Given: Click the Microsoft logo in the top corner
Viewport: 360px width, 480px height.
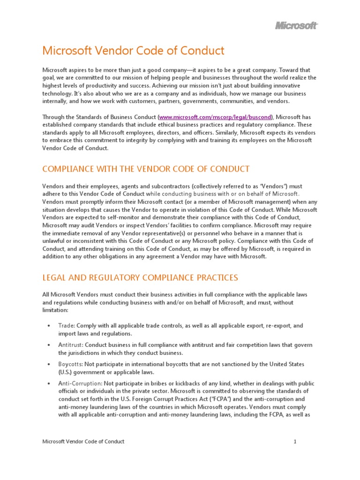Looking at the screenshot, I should [296, 26].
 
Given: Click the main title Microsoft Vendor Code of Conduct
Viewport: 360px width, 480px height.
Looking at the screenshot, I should [134, 51].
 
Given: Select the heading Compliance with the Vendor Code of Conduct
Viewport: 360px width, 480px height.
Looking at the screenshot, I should [146, 169].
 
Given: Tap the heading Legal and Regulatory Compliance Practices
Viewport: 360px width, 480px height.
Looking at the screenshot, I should [140, 277].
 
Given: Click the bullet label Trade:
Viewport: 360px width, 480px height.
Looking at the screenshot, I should [67, 325].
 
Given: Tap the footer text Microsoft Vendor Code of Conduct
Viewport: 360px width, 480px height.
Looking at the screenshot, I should [83, 442].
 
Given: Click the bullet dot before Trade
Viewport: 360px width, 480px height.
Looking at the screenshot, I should [49, 326].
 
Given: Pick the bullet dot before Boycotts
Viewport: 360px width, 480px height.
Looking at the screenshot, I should [49, 365].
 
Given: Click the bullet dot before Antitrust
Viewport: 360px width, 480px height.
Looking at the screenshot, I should [49, 345].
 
